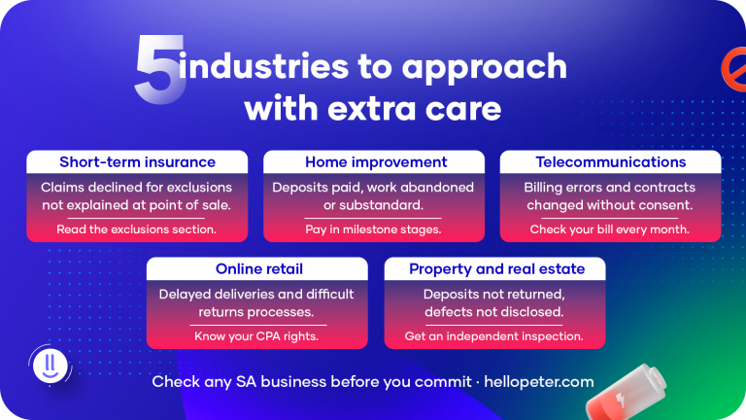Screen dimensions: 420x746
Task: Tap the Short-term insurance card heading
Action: (x=137, y=162)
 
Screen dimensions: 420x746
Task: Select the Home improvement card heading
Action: (x=376, y=162)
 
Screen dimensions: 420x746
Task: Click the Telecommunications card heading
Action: (x=611, y=162)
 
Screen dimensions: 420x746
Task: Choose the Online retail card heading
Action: (x=256, y=269)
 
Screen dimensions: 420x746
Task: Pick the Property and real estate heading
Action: (x=494, y=269)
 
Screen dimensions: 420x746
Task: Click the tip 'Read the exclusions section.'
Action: (x=137, y=229)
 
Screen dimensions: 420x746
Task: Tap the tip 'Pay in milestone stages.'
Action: (x=373, y=229)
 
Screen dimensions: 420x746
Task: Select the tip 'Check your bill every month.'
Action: (x=610, y=229)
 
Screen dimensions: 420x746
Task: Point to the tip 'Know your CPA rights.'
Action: (x=256, y=336)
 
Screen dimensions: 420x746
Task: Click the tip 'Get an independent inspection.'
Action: (x=494, y=336)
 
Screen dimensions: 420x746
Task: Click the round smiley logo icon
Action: (x=47, y=366)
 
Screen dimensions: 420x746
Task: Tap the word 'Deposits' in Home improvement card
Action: (x=303, y=187)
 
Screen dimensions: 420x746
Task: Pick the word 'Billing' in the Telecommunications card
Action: (x=549, y=187)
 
